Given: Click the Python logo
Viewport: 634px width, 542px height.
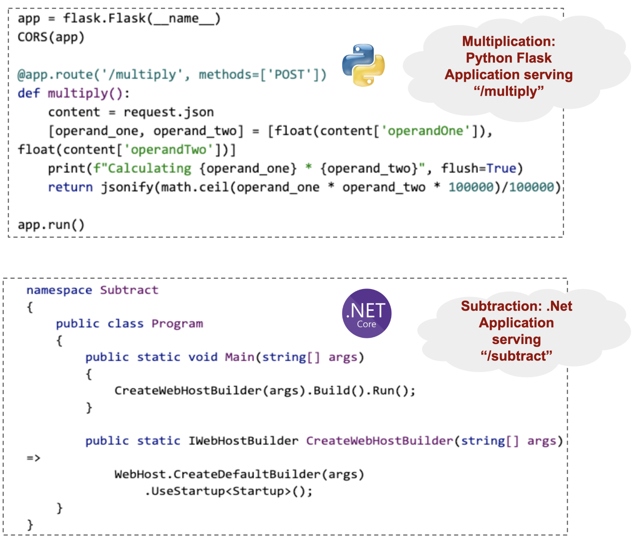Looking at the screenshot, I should (363, 65).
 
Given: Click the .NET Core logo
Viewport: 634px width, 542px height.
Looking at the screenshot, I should (366, 313).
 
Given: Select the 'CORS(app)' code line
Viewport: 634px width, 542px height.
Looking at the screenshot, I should (51, 37).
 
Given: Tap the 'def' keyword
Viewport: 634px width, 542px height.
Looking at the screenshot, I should (29, 93).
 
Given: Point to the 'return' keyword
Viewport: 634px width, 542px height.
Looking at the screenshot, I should (70, 187).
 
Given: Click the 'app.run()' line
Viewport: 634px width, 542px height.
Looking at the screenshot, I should (51, 225).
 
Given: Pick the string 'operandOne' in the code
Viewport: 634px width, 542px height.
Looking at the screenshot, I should (425, 131).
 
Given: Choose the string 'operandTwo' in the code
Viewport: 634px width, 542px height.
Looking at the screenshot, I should (168, 150).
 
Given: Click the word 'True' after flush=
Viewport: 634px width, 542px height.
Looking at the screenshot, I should (501, 168).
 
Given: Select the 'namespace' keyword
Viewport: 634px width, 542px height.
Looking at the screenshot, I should (59, 290).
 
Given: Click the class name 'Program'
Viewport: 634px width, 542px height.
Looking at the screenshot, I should (177, 323).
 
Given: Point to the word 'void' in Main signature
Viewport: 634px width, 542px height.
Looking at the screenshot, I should (203, 357).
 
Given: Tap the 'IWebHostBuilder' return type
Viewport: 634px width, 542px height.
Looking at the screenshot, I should (243, 441).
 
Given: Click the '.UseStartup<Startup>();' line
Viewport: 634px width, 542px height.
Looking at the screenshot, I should (229, 491).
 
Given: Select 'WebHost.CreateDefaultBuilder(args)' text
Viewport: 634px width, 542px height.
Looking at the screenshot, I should (239, 474).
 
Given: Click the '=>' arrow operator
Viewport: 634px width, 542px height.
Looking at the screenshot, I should (33, 458).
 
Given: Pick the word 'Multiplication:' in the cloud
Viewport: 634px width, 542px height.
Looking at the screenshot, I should (508, 41).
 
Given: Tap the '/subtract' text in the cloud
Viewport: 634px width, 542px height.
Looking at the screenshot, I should (516, 356).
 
